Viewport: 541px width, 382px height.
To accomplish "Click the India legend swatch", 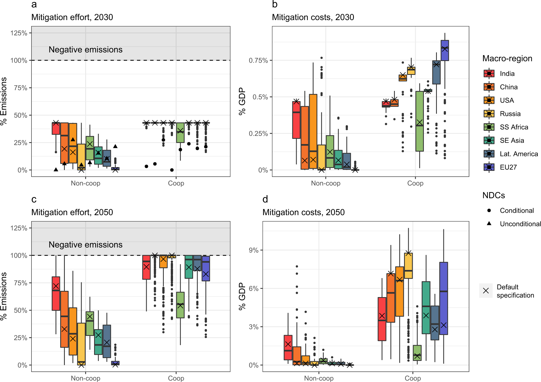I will click(489, 74).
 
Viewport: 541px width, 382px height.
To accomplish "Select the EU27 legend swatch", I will click(489, 167).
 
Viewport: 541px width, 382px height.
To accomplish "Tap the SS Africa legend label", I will click(514, 127).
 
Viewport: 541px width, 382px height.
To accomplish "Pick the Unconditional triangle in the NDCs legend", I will click(489, 224).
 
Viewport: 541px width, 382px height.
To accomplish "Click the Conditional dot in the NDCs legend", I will click(489, 211).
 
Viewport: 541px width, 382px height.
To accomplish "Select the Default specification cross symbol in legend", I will click(486, 291).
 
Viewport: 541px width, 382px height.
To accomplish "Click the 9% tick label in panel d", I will click(254, 250).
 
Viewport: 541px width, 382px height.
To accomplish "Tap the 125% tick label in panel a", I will click(19, 33).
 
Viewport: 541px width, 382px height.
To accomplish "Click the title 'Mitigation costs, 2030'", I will click(313, 17).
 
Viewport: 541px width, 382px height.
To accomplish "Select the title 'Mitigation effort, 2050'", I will click(72, 212).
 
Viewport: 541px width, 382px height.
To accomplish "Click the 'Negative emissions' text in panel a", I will click(85, 50).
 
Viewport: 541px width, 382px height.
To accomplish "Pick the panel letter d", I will click(265, 199).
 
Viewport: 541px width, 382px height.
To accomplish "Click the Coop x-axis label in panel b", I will click(415, 183).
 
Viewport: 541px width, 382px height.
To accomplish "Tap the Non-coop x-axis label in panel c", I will click(85, 378).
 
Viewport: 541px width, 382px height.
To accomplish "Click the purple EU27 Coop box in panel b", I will click(444, 51).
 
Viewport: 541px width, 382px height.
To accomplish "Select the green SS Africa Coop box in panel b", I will click(420, 121).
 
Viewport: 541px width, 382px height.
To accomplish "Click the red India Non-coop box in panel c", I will click(56, 294).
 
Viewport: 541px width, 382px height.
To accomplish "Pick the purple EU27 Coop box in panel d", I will click(443, 298).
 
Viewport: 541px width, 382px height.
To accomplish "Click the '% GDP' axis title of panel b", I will click(242, 101).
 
